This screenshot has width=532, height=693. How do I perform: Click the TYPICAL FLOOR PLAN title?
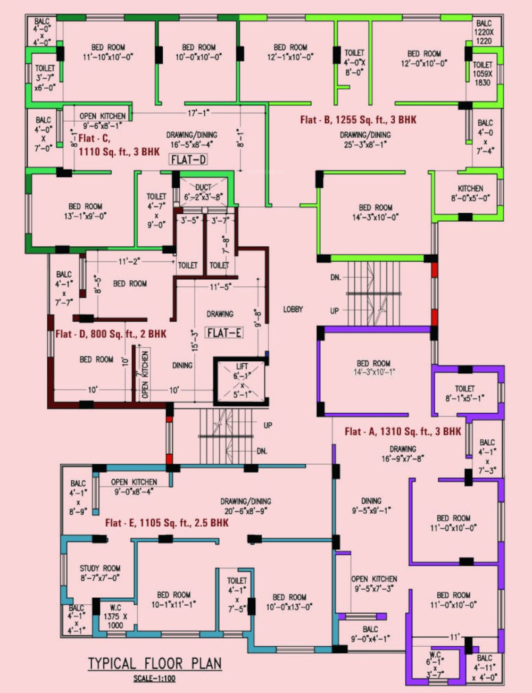click(x=154, y=663)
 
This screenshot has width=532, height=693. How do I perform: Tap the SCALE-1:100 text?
click(x=154, y=678)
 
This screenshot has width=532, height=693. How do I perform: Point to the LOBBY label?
click(x=293, y=309)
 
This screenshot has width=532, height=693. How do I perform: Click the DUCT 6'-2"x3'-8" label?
click(x=203, y=192)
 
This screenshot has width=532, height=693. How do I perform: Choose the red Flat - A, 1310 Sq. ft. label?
click(x=403, y=431)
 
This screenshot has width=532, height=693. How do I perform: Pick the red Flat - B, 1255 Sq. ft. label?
click(x=358, y=120)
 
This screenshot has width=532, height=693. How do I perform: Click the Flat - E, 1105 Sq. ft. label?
click(x=167, y=523)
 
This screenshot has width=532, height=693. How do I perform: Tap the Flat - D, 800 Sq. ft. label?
click(x=111, y=334)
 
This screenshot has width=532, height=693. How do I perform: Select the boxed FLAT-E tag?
click(x=225, y=333)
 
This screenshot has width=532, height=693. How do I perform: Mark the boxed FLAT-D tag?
click(x=188, y=159)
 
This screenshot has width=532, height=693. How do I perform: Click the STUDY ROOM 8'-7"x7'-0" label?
click(x=100, y=573)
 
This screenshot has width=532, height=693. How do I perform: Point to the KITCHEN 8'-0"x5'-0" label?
click(x=470, y=193)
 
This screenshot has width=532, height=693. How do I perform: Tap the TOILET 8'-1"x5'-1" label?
click(x=464, y=394)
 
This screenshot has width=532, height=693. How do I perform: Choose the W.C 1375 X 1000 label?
click(x=115, y=616)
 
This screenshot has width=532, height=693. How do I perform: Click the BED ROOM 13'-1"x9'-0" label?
click(x=85, y=211)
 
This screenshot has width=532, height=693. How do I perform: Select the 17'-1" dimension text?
click(x=198, y=113)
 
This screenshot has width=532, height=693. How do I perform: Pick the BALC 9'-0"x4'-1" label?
click(x=370, y=634)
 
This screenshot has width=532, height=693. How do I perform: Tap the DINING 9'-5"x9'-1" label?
click(x=371, y=505)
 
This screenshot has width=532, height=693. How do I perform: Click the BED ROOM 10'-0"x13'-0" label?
click(x=289, y=602)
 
